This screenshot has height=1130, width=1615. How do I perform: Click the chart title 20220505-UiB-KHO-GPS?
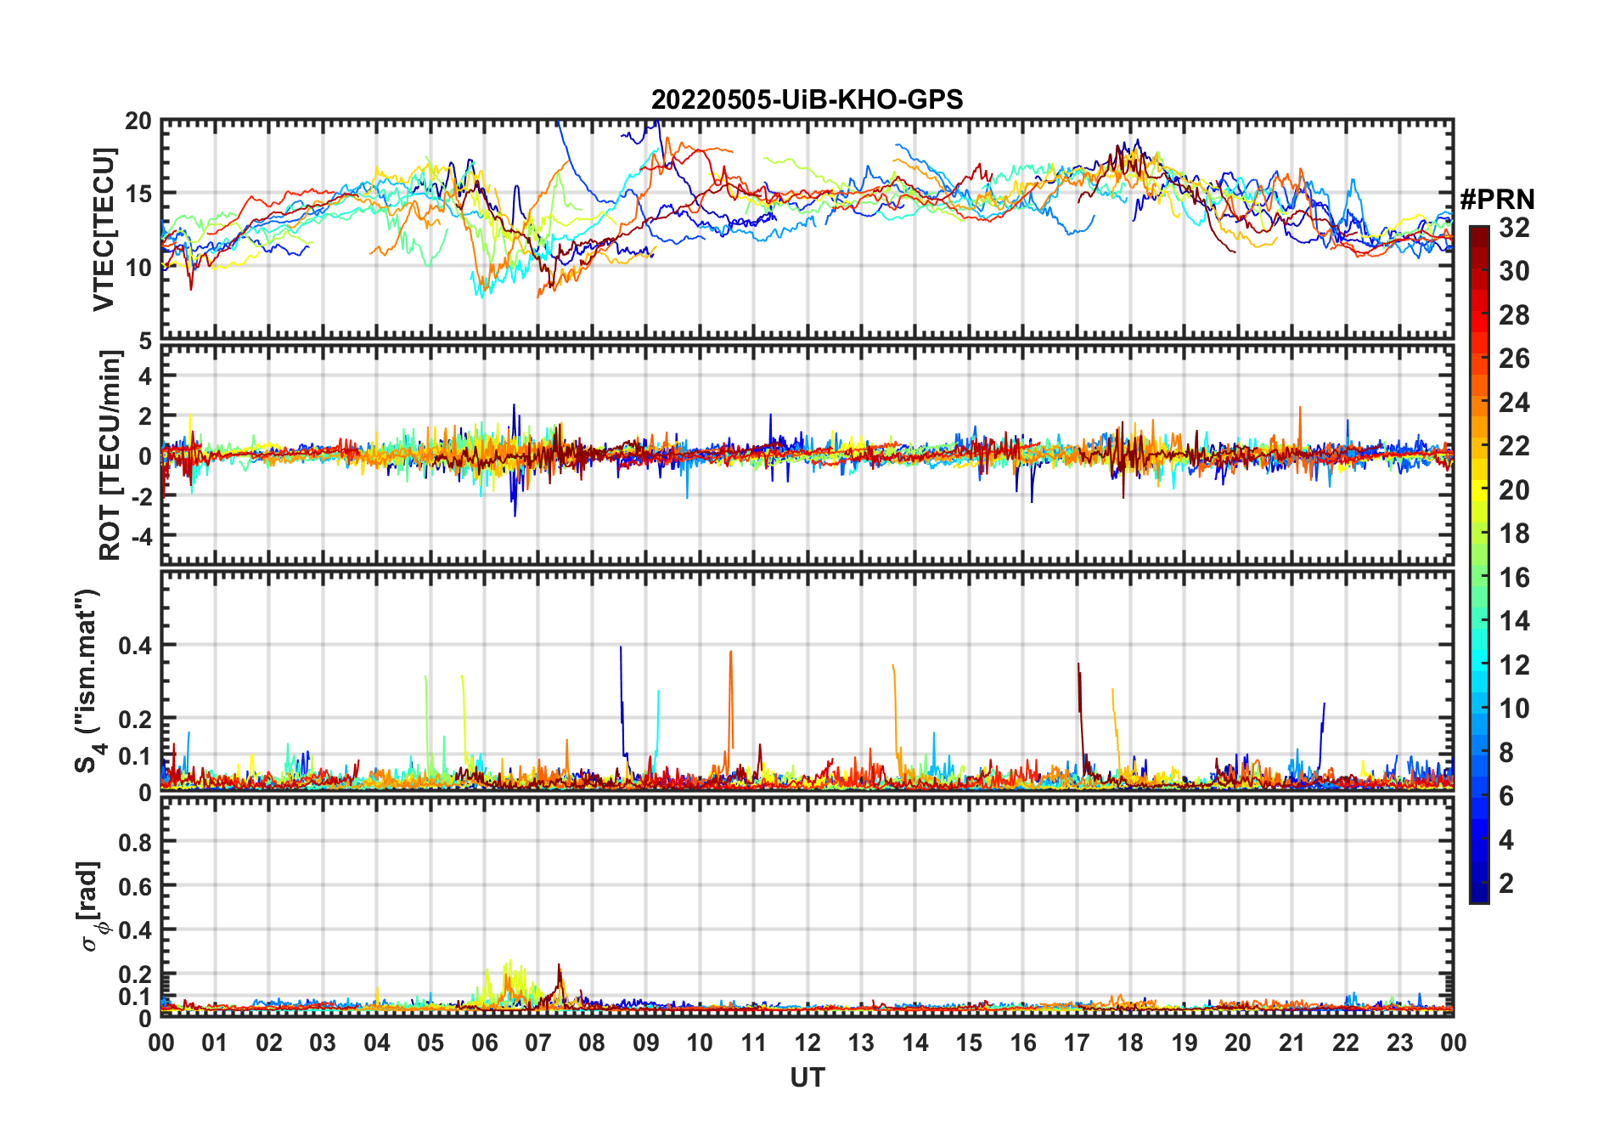click(x=807, y=100)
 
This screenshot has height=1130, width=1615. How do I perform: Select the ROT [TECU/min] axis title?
click(x=110, y=455)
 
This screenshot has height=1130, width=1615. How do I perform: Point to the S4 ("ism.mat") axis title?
click(x=88, y=681)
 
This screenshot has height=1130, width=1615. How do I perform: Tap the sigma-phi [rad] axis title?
click(x=93, y=906)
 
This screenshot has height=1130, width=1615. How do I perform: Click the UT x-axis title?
click(x=807, y=1077)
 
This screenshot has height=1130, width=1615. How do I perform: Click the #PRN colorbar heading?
click(x=1497, y=200)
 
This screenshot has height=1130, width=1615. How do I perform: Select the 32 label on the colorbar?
click(x=1514, y=228)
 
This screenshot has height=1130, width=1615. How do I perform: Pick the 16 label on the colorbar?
click(x=1514, y=578)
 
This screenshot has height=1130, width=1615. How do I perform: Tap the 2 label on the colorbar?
click(x=1506, y=884)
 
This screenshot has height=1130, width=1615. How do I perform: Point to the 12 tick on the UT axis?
click(x=807, y=1042)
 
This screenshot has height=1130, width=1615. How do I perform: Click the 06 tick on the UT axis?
click(x=485, y=1042)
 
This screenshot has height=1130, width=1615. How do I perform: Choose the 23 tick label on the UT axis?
click(x=1399, y=1042)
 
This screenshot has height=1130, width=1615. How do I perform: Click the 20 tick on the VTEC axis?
click(x=138, y=121)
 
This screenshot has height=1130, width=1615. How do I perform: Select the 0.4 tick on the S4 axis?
click(x=135, y=646)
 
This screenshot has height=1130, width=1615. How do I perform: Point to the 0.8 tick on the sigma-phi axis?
click(x=135, y=842)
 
